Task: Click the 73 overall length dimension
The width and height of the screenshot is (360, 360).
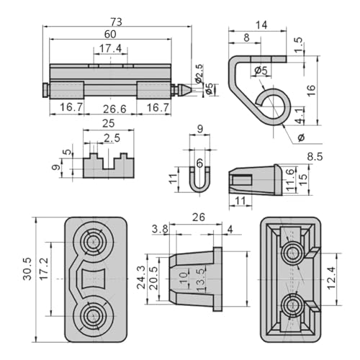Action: tap(117, 22)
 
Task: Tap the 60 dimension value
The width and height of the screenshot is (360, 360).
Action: tap(110, 35)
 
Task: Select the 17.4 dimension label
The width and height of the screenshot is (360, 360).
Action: tap(110, 48)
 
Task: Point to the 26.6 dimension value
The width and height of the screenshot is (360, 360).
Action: tap(114, 109)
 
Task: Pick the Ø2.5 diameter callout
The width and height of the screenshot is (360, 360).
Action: tap(199, 74)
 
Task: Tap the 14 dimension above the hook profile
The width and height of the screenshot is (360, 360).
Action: tap(261, 25)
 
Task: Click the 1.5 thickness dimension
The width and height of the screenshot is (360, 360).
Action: tap(298, 45)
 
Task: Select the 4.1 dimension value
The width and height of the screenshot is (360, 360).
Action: tap(299, 116)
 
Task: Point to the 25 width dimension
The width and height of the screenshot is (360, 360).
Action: tap(109, 124)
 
